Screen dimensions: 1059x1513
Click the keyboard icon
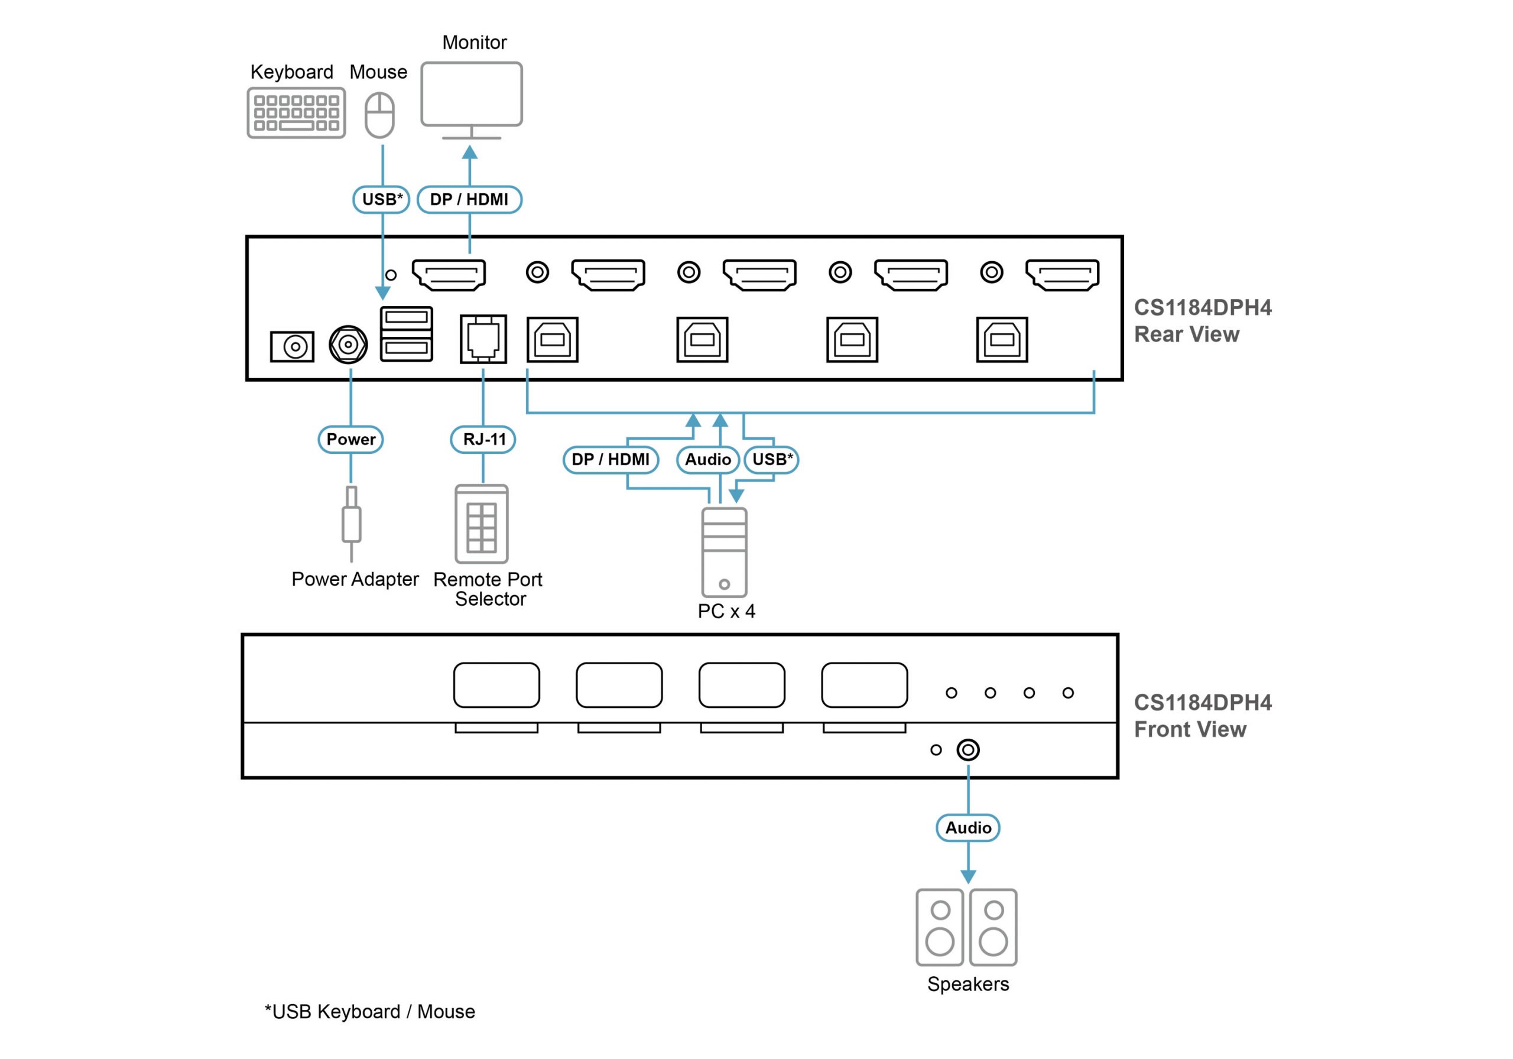tap(296, 113)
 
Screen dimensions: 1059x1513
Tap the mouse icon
tap(379, 115)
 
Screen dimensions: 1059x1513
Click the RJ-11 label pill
tap(483, 440)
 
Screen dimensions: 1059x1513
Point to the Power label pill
tap(350, 440)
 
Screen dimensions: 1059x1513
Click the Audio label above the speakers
tap(967, 828)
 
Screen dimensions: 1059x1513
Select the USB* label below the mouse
tap(382, 200)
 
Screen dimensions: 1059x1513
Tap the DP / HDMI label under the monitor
tap(469, 200)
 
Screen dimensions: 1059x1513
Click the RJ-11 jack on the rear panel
tap(483, 339)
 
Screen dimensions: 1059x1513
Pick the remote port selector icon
tap(482, 524)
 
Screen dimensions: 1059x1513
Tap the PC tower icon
tap(724, 552)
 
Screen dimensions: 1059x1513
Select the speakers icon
tap(966, 927)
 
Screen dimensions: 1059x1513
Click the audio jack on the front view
tap(967, 750)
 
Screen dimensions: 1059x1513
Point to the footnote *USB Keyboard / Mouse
tap(370, 1012)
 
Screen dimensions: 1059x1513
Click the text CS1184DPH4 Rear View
tap(1202, 321)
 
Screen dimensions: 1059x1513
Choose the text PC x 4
tap(726, 612)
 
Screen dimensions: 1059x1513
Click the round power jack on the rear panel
tap(348, 344)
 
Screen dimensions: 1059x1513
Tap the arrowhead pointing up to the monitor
tap(469, 152)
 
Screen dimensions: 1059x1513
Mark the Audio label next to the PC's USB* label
tap(707, 459)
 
